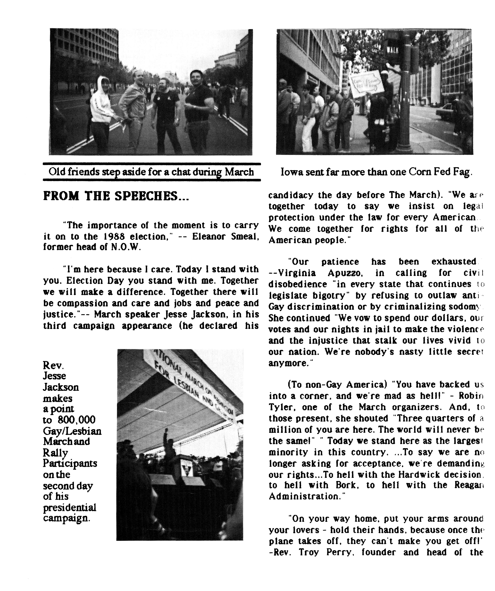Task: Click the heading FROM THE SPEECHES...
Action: click(116, 196)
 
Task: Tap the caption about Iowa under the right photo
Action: click(377, 172)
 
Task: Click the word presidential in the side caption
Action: click(70, 507)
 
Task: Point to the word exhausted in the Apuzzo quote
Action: click(453, 262)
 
